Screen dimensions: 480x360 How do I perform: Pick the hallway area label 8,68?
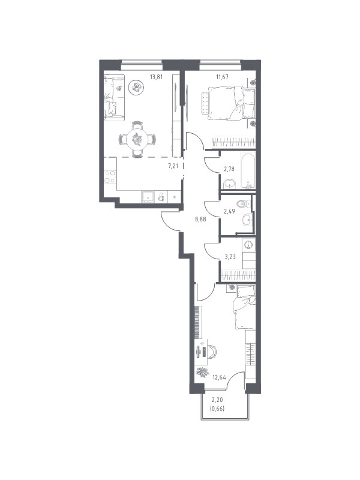(x=202, y=220)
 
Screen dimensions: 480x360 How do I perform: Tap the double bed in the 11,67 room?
(x=229, y=103)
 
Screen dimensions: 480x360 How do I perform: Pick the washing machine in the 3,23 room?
(x=248, y=245)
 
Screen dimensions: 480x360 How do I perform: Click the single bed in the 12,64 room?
(x=245, y=307)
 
